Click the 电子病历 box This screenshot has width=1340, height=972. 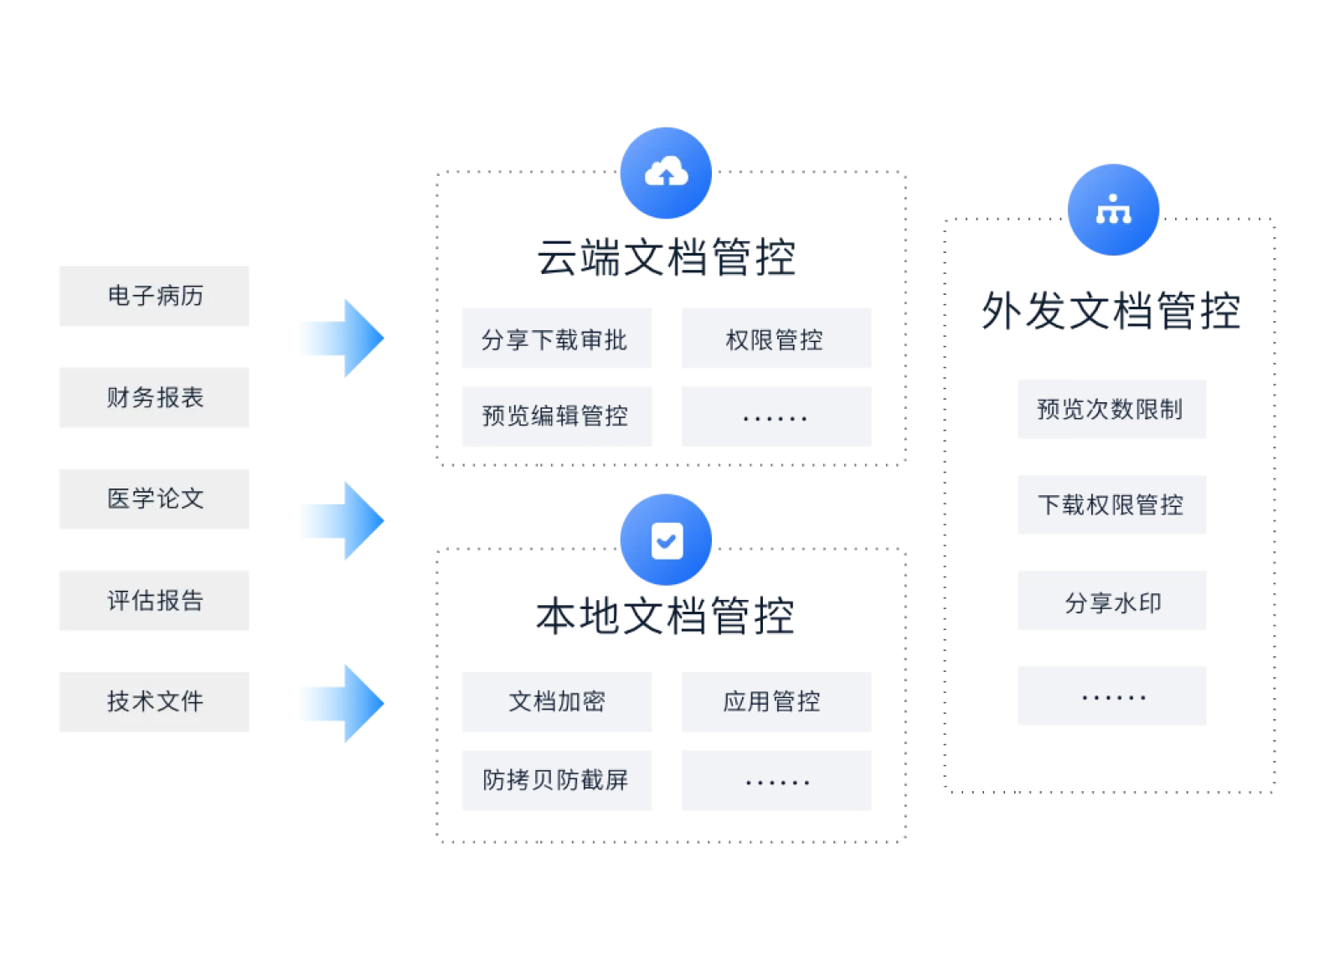154,296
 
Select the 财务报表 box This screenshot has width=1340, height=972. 154,397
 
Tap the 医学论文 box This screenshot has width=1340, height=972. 154,499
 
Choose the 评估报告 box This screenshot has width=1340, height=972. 154,600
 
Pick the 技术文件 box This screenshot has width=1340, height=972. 154,701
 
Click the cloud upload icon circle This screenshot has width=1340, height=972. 666,173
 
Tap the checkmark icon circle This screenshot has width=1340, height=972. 666,540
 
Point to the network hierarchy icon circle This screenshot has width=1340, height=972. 1113,209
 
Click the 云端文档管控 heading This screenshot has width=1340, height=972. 666,258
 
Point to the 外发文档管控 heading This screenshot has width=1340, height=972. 1111,312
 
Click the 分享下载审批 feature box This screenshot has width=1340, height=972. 557,339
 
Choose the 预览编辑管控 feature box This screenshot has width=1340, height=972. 557,416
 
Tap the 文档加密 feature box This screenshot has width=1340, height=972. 557,701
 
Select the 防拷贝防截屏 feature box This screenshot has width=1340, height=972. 557,780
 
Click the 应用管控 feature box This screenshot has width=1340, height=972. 776,701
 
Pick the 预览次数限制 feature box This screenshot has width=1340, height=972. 1111,409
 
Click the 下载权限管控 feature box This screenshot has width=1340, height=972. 1111,504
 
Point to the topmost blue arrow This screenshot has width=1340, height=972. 342,338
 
